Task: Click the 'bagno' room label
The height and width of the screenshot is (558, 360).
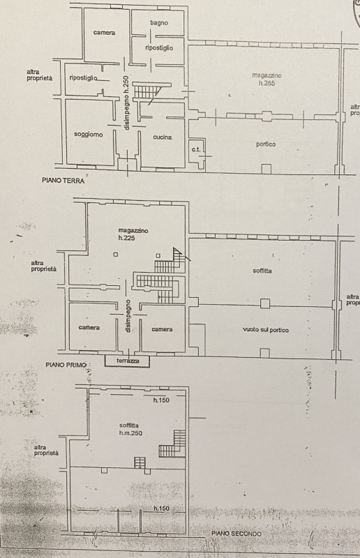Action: [159, 23]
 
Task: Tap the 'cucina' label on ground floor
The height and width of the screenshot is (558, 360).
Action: [163, 137]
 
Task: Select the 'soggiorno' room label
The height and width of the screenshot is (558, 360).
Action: [89, 135]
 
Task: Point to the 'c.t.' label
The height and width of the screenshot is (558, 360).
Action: [196, 149]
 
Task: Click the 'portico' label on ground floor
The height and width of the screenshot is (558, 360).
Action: [266, 144]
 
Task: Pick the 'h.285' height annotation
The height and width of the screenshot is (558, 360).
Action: [267, 84]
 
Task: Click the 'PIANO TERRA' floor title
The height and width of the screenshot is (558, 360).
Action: [63, 181]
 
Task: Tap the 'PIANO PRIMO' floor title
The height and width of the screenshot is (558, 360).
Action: [66, 365]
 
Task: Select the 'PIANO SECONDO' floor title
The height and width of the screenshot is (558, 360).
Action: [236, 534]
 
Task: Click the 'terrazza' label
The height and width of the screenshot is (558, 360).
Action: [128, 361]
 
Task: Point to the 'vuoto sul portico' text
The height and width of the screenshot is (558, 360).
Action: [266, 330]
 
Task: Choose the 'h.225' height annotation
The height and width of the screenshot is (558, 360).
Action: [127, 239]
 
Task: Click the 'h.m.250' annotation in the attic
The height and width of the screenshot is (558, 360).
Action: [130, 433]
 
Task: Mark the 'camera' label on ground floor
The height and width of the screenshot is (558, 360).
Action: [105, 33]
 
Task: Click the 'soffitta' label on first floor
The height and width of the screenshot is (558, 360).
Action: [262, 271]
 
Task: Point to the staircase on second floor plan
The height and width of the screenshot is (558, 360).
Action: [173, 444]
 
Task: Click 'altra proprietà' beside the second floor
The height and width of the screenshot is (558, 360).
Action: [46, 451]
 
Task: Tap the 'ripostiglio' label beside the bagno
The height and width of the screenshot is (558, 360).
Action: [159, 47]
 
